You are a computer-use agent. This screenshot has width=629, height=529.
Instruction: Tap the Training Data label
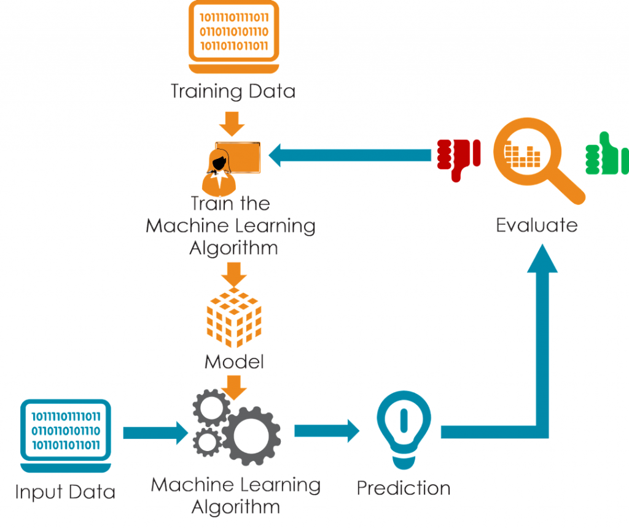(x=233, y=92)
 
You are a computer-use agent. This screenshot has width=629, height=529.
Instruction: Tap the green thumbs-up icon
(x=604, y=153)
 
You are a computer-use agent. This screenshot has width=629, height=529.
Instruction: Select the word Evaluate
(x=537, y=225)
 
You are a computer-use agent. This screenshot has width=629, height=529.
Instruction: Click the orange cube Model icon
(x=234, y=317)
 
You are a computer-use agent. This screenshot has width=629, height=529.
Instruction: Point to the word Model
(x=234, y=361)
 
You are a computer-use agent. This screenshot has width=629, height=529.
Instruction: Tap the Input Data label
(x=65, y=492)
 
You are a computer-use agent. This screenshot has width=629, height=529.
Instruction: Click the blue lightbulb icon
(x=404, y=423)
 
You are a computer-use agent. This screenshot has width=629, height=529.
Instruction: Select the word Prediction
(x=404, y=488)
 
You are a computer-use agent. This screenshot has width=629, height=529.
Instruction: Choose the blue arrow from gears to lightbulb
(x=326, y=430)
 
